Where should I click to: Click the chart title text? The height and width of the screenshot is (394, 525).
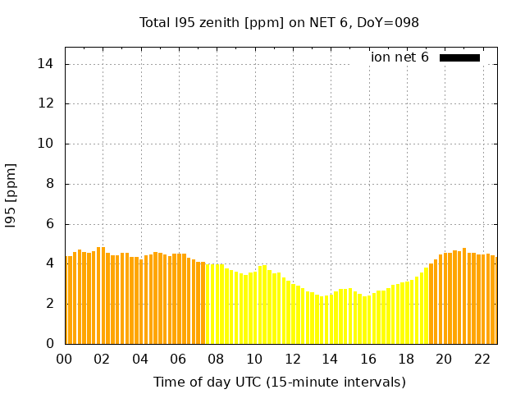point(279,22)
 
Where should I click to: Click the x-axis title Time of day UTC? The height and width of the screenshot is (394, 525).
point(279,382)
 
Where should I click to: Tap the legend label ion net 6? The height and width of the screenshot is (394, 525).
point(399,57)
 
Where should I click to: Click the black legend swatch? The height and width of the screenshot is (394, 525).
point(459,57)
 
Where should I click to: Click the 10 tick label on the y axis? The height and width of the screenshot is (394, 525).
point(48,144)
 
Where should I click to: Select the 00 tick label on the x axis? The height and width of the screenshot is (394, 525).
point(64,359)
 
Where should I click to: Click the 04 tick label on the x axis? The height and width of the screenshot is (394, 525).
point(140,359)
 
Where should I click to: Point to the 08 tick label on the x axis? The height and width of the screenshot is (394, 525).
point(216,359)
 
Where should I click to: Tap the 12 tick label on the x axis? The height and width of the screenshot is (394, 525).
point(292,359)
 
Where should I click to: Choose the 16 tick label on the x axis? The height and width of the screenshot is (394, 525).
point(367,359)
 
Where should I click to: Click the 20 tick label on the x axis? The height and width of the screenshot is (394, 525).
point(444,359)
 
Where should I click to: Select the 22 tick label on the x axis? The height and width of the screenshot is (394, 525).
point(482,359)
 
